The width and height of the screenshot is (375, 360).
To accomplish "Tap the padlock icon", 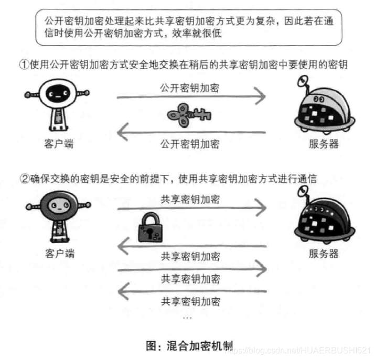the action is point(150,230).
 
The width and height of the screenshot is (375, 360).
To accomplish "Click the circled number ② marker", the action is point(24,178).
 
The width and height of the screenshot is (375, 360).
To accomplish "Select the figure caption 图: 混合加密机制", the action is point(189,346).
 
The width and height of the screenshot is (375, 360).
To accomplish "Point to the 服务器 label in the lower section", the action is point(324,254).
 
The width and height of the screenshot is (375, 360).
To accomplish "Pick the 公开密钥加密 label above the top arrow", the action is point(190,88).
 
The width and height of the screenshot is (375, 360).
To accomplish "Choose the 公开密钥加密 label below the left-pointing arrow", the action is point(190,144).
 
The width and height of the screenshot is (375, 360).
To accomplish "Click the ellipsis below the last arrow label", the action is point(187,317).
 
